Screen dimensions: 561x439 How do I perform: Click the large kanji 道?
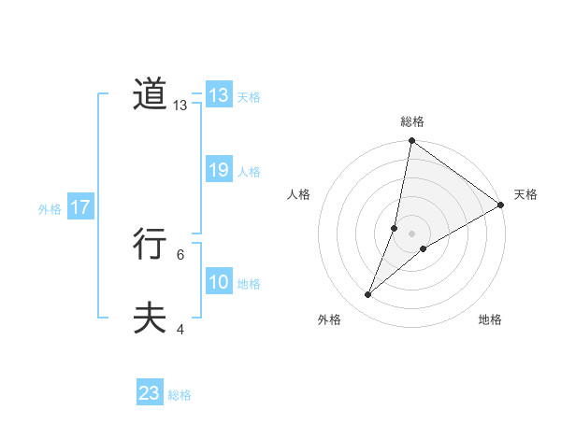[150, 94]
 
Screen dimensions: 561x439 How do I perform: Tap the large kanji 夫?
[150, 319]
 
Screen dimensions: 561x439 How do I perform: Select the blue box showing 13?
[219, 95]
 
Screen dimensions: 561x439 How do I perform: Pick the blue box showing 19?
[219, 170]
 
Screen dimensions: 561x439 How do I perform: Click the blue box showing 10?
[219, 282]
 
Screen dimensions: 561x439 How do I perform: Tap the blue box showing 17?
[80, 207]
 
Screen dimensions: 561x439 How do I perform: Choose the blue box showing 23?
[150, 393]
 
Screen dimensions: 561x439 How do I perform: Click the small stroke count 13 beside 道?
[180, 106]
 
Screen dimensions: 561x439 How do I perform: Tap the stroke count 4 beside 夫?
[180, 329]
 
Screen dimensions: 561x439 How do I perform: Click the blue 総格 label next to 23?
[180, 395]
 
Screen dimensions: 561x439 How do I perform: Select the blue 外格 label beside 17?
[50, 209]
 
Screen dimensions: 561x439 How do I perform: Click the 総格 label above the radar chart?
[412, 121]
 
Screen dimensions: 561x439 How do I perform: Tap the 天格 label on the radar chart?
[525, 194]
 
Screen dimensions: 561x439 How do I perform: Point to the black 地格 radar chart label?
[490, 319]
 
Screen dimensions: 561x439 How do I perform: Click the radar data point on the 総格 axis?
[412, 141]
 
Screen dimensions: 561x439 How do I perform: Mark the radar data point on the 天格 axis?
[501, 205]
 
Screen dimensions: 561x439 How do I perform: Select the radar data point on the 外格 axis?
[368, 295]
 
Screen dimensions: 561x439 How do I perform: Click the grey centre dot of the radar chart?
[412, 234]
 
